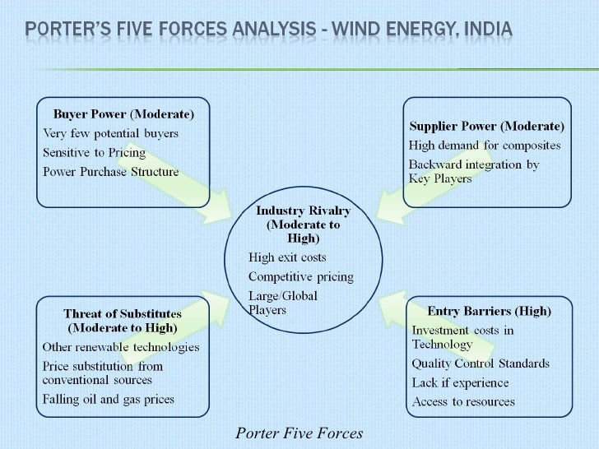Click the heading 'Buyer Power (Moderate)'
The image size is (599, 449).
[x=123, y=113]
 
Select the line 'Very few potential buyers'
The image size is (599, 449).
[x=110, y=132]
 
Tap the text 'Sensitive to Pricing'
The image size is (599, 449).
[x=94, y=152]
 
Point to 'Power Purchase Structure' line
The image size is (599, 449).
[x=110, y=172]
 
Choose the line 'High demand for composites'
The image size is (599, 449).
[x=485, y=146]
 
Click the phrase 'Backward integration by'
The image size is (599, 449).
[x=474, y=164]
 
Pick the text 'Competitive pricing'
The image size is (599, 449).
[x=300, y=276]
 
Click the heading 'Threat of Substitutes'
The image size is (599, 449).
[x=123, y=313]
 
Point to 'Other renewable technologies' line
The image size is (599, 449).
[x=121, y=346]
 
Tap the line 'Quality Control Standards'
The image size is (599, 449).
[x=481, y=363]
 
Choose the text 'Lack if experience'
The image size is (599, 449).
[x=460, y=383]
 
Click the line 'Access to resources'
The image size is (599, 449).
[x=463, y=402]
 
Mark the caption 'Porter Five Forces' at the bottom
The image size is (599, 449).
[x=299, y=433]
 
